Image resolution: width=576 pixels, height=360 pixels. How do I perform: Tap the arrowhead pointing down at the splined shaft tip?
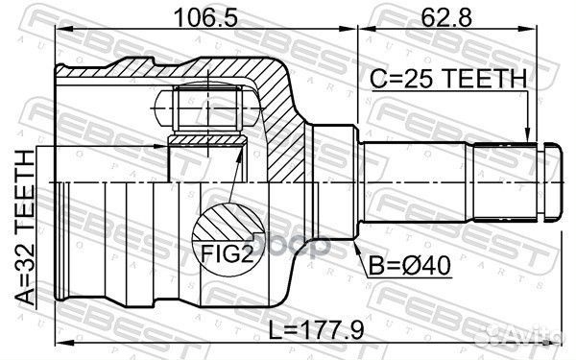(x=527, y=135)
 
